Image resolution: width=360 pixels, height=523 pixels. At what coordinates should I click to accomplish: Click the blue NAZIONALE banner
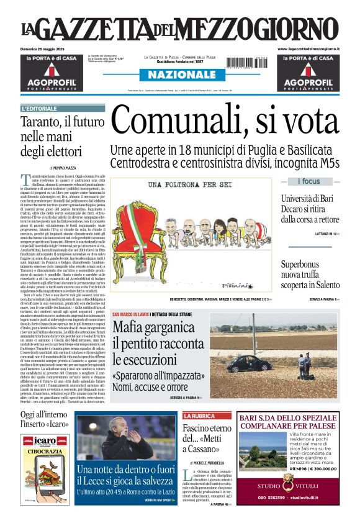click(x=178, y=75)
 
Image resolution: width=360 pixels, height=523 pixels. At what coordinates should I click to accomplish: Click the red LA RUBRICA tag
click(x=199, y=416)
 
